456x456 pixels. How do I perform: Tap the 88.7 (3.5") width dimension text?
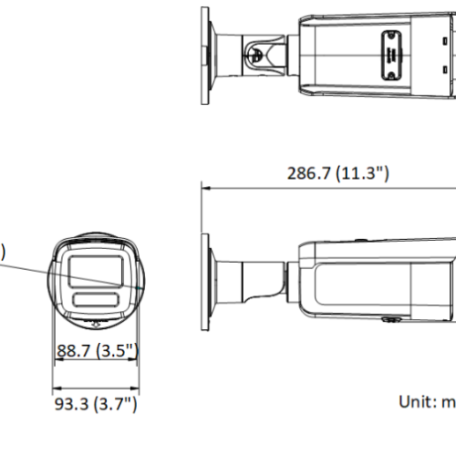(97, 350)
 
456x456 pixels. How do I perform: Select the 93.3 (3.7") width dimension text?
(95, 402)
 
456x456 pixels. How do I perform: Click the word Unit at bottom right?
(415, 400)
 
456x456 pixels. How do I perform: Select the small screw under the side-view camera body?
(387, 320)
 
